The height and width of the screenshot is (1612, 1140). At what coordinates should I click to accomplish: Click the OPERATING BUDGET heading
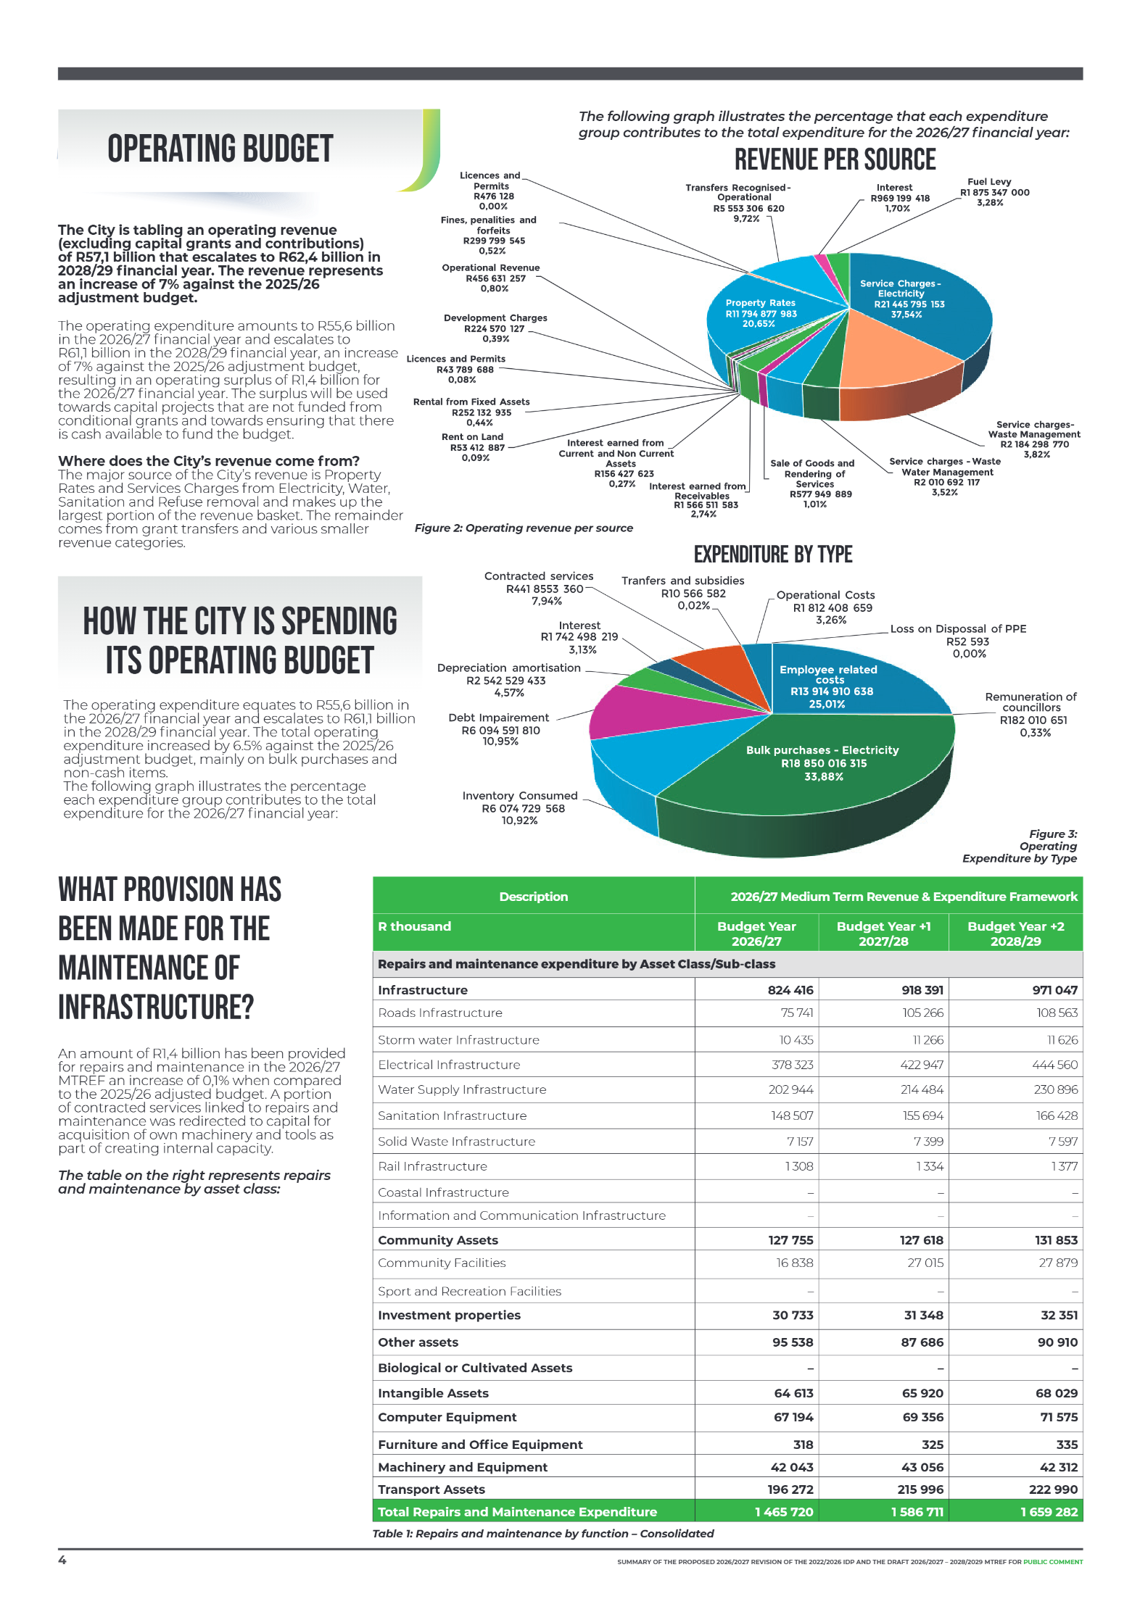click(x=220, y=149)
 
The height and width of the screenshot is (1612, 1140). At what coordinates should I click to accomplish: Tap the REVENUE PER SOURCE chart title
click(x=835, y=159)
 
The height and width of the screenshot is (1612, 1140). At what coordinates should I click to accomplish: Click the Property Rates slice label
click(x=760, y=313)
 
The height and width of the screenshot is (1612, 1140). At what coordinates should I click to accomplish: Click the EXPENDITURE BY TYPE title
click(x=772, y=554)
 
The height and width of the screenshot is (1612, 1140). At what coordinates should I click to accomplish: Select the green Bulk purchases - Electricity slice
click(x=822, y=763)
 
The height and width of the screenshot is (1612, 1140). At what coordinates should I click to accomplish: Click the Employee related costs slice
click(x=828, y=685)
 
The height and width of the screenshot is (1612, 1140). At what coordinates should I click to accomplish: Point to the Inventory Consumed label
click(x=521, y=807)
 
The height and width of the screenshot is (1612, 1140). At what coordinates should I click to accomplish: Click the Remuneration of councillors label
click(x=1030, y=714)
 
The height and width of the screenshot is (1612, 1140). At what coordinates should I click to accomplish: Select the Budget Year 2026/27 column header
click(x=756, y=934)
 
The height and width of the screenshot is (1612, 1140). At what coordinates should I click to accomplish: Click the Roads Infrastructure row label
click(x=440, y=1013)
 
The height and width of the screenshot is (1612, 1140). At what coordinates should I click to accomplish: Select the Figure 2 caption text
click(x=524, y=528)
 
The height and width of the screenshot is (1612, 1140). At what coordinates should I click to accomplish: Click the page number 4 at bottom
click(x=62, y=1560)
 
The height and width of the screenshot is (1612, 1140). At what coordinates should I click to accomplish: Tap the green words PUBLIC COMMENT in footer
click(x=1052, y=1562)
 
